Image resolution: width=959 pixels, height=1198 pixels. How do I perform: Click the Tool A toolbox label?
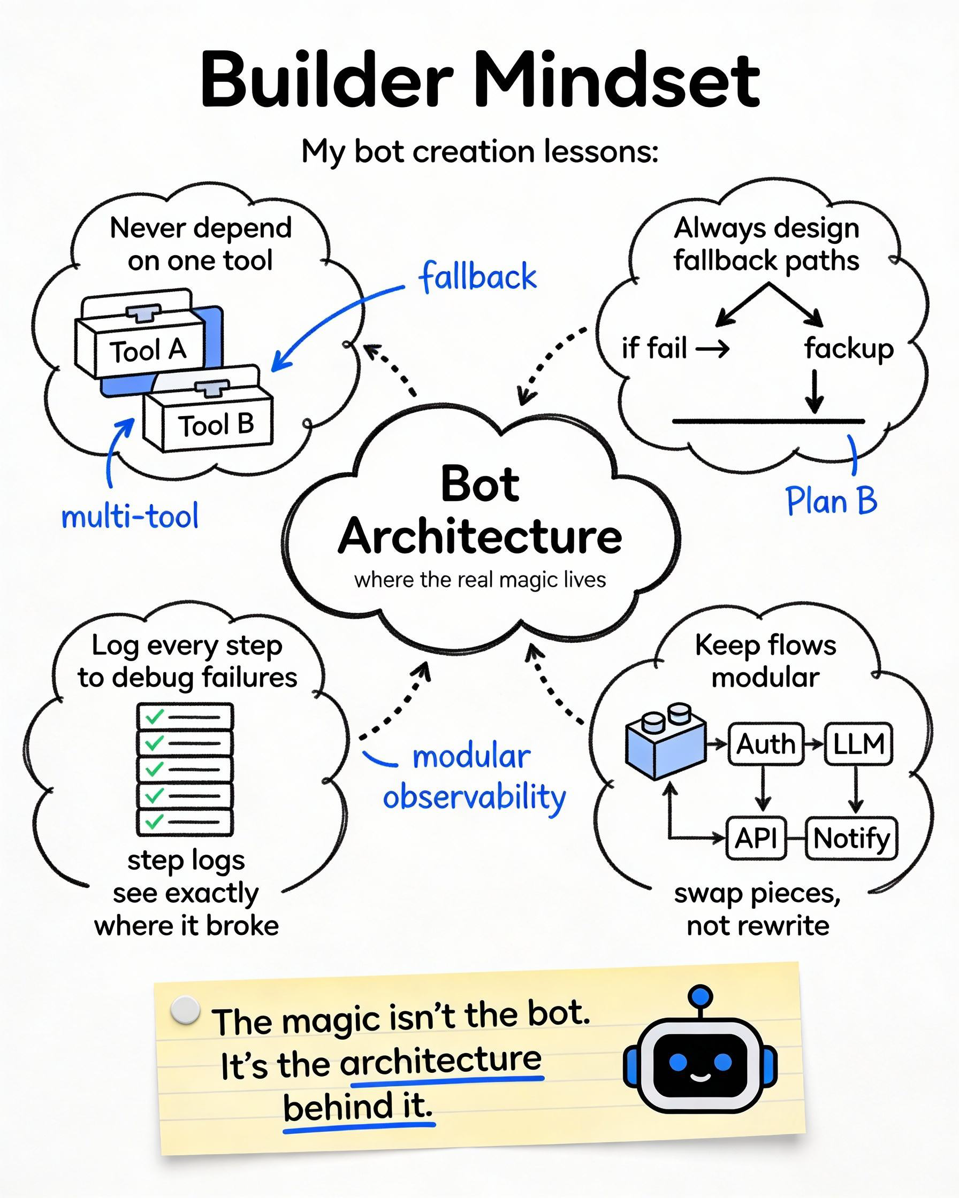pos(147,351)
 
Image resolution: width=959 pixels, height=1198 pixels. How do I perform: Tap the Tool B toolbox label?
pos(216,425)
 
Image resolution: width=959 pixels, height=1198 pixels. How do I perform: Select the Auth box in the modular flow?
pos(765,744)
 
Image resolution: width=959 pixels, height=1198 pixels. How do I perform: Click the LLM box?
pos(858,744)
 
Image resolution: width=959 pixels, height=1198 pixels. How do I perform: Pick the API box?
pos(756,838)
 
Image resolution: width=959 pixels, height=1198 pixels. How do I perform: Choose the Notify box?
pos(851,838)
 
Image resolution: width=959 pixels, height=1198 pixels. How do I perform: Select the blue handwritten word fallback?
pos(478,276)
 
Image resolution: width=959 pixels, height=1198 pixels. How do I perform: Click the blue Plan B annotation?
pos(831,501)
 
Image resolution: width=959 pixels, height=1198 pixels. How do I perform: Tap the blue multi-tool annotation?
pos(130,516)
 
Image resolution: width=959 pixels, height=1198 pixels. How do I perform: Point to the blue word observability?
pos(474,797)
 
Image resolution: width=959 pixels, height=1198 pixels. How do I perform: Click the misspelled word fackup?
pos(848,349)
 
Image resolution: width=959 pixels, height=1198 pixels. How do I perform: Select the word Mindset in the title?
pos(617,81)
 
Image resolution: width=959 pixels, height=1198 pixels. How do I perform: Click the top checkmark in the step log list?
pos(154,716)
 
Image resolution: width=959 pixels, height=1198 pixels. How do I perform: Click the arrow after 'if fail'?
pos(712,349)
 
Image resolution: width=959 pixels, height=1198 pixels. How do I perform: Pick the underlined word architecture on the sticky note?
pos(440,1060)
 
